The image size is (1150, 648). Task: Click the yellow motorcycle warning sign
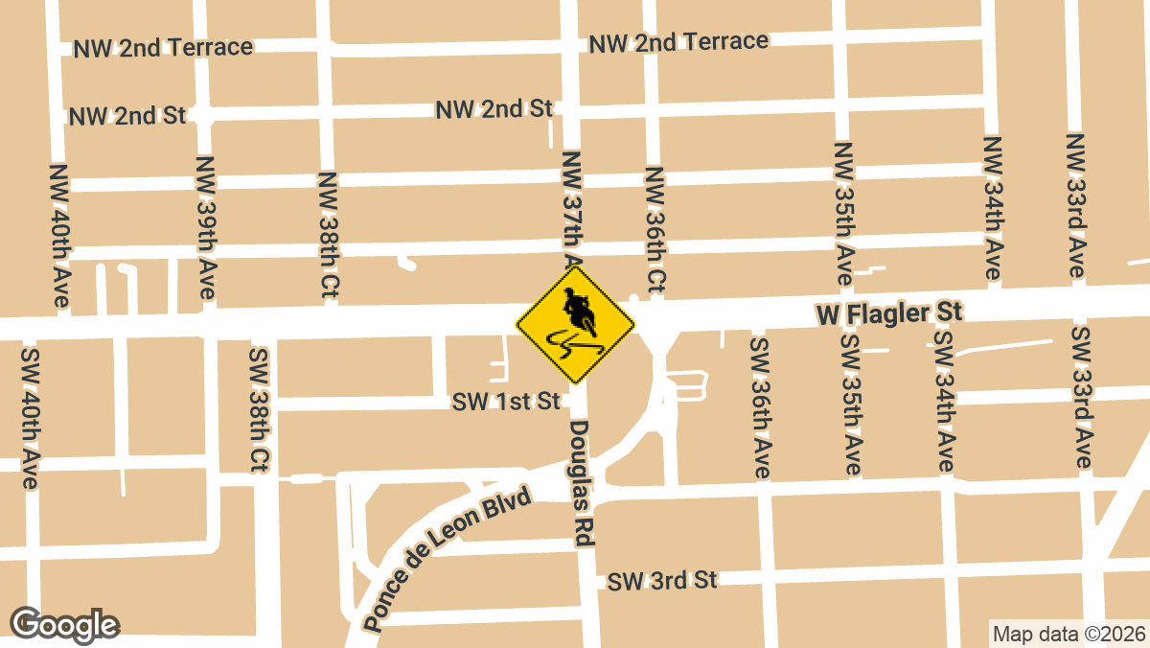click(575, 326)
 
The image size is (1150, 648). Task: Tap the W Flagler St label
click(888, 312)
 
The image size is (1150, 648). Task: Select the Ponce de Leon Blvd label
click(448, 561)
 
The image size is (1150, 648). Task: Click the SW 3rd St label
click(662, 580)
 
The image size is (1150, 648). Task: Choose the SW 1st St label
click(507, 401)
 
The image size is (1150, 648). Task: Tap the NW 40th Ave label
click(59, 235)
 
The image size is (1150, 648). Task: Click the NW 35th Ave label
click(844, 213)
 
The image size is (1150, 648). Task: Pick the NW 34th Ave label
click(993, 208)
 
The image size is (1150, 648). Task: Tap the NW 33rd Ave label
click(1076, 206)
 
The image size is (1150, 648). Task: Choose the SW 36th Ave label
click(760, 408)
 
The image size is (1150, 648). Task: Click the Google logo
click(65, 625)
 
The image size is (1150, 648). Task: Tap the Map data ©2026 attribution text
click(1068, 635)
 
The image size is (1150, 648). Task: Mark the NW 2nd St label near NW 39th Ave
click(127, 117)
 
